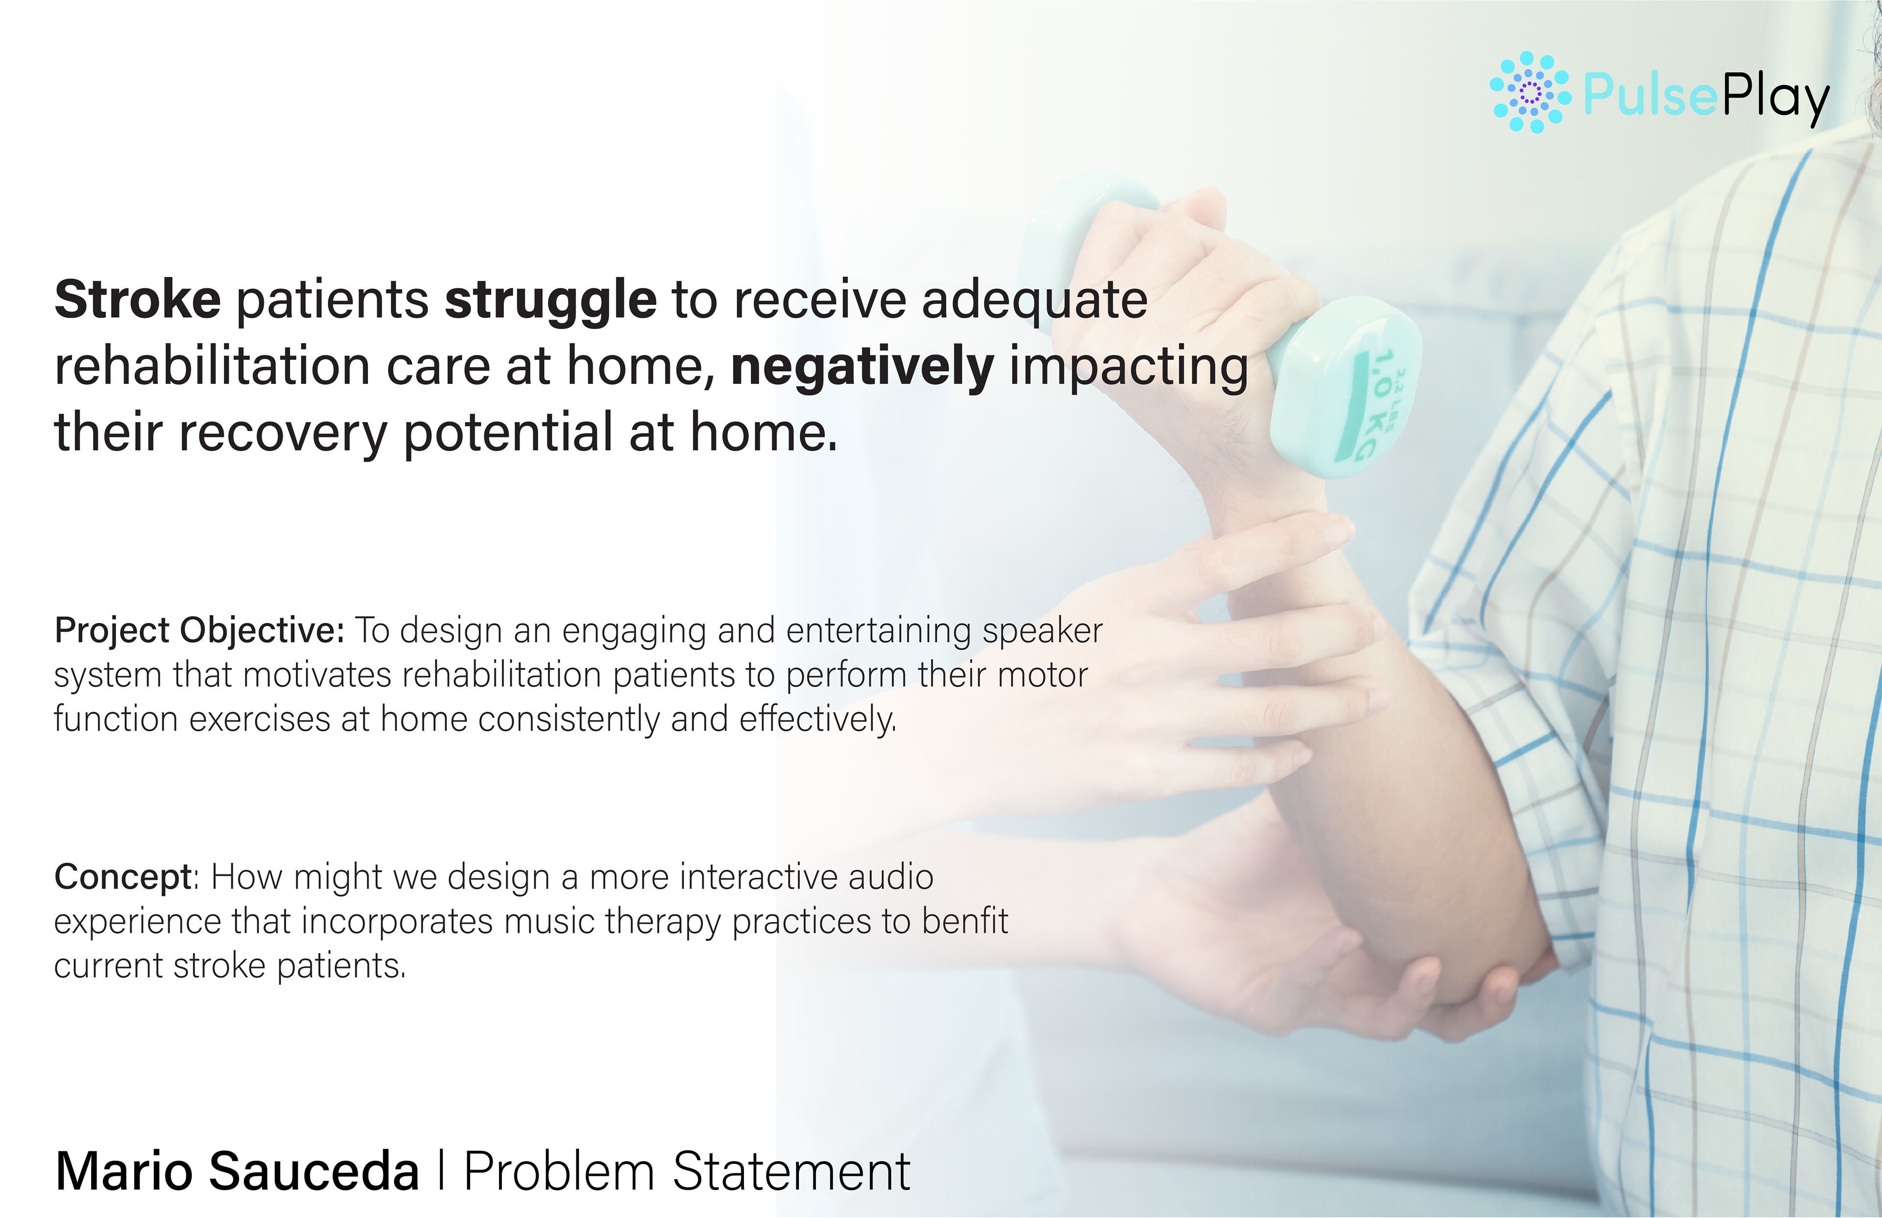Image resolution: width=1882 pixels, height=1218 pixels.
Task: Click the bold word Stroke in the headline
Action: [x=138, y=300]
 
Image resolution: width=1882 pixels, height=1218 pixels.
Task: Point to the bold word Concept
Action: [x=123, y=878]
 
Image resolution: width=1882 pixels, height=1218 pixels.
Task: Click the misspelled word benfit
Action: [x=965, y=921]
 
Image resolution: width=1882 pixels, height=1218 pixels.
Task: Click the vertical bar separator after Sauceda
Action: [x=441, y=1171]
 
